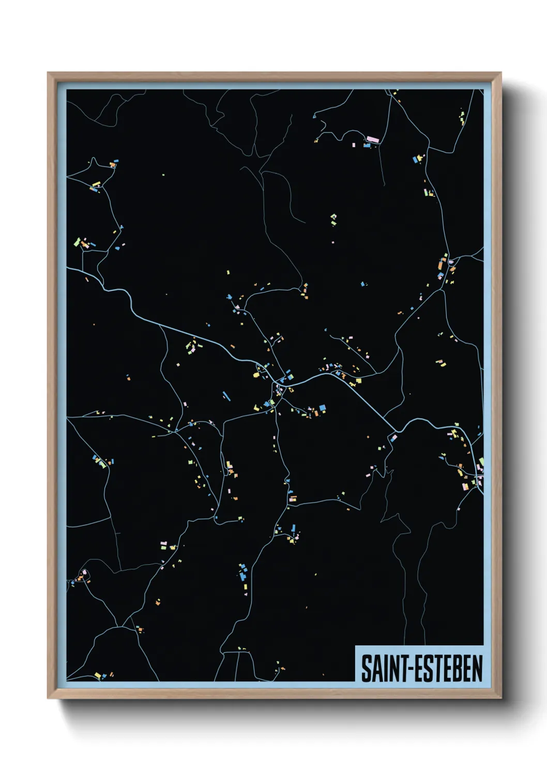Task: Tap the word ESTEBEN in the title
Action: tap(448, 669)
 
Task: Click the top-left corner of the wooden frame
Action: tap(48, 73)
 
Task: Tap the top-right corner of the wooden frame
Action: tap(500, 73)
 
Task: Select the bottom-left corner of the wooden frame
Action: tap(48, 698)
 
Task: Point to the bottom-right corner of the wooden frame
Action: tap(500, 698)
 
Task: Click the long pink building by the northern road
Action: tap(372, 139)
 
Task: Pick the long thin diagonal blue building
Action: tap(226, 396)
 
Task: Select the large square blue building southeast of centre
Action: tap(323, 408)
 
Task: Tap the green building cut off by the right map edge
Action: tap(481, 461)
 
